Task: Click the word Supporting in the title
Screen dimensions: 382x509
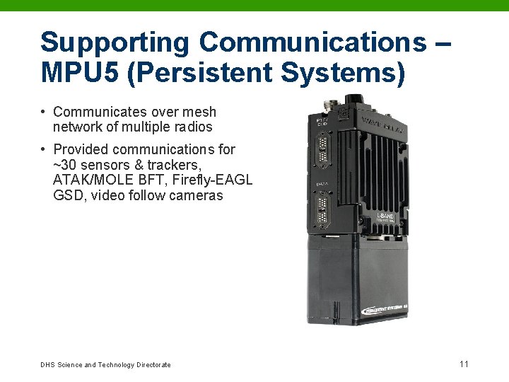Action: [x=115, y=43]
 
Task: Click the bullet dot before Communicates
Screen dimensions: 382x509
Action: [x=44, y=112]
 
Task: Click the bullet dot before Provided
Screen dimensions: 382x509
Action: [x=44, y=149]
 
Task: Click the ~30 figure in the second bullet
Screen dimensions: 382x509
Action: [x=67, y=165]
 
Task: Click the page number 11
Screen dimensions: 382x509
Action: [x=464, y=364]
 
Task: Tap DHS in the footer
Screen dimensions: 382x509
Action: [x=47, y=365]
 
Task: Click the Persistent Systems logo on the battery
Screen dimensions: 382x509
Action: [x=390, y=309]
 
